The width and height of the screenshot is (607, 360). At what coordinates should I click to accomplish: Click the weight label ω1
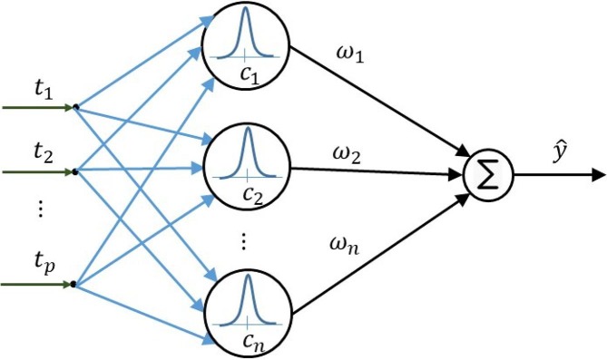[348, 59]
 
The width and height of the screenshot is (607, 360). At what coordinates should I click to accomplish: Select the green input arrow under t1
[36, 107]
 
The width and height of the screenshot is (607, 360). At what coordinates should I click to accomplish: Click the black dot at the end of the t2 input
[75, 170]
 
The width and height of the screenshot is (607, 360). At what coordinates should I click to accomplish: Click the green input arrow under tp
[36, 285]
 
